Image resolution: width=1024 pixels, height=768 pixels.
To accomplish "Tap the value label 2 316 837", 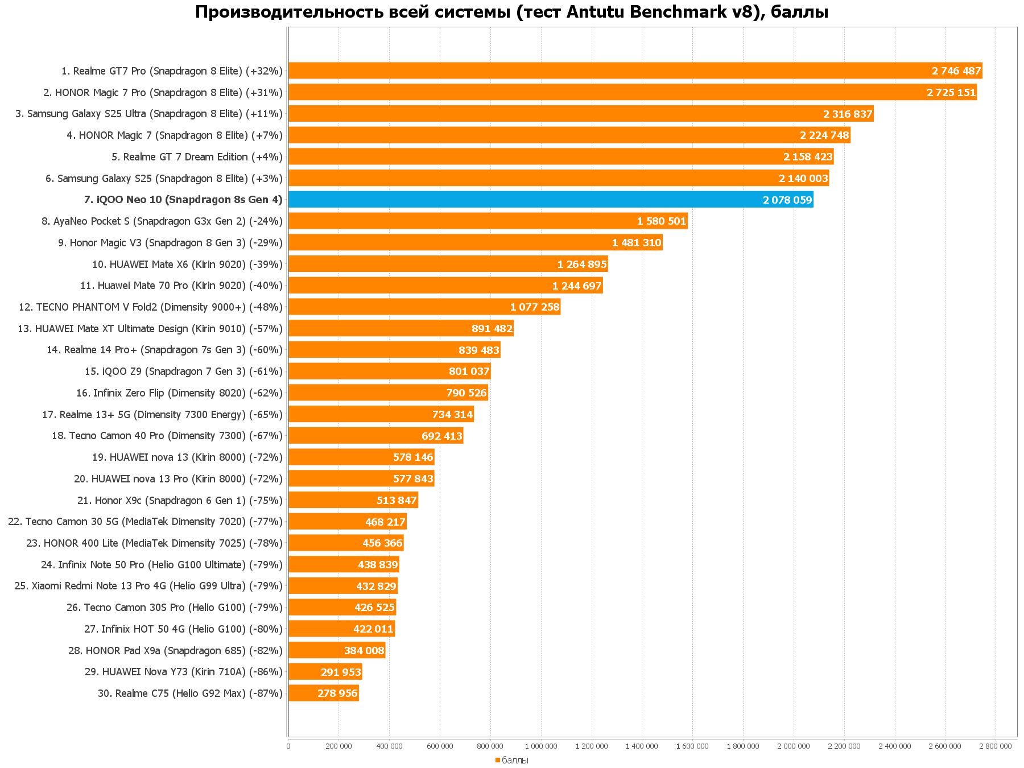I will (x=847, y=114).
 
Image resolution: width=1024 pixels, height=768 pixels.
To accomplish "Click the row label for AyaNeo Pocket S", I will (x=162, y=221).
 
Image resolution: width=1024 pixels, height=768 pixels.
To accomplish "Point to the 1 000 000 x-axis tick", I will (x=541, y=746).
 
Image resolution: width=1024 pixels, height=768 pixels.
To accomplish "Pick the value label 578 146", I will (x=413, y=457).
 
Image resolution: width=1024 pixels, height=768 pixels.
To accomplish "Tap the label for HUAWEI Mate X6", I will (x=187, y=265).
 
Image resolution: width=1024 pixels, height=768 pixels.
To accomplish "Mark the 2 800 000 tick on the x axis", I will (x=996, y=746).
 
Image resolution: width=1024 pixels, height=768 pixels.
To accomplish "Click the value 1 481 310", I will (x=636, y=243).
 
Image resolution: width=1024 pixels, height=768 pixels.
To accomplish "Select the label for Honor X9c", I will (x=180, y=501).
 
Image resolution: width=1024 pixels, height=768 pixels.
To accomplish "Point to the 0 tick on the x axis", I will (x=288, y=746).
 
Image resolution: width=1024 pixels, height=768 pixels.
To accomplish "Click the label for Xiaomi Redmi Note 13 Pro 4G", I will (x=148, y=586).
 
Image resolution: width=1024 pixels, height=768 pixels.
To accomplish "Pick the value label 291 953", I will (x=341, y=672).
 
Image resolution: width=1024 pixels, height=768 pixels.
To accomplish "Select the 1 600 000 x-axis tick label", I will (x=692, y=746).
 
